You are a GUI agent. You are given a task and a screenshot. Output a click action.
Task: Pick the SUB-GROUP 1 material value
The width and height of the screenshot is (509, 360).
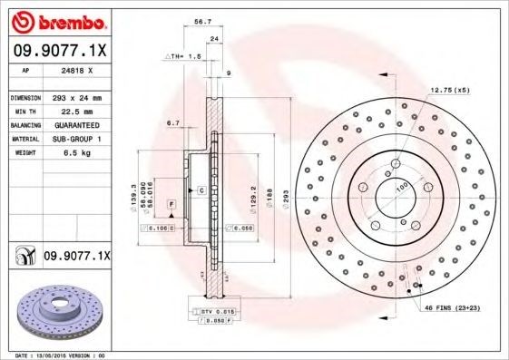(75, 139)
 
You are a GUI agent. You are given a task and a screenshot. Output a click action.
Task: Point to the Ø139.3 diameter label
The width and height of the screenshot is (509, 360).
(134, 190)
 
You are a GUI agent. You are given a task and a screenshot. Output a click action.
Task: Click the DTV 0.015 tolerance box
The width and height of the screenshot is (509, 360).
(210, 312)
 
